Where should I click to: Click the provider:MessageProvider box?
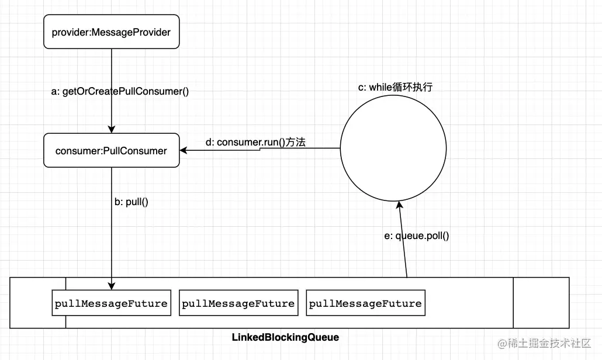point(111,32)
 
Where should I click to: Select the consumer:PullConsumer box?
point(111,151)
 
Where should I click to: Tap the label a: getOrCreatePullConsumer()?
point(120,91)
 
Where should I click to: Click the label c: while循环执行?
point(395,87)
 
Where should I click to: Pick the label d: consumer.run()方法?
point(255,143)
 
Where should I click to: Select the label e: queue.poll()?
point(423,236)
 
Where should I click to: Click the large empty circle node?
point(397,150)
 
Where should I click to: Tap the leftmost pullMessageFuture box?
point(111,304)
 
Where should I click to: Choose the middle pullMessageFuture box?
point(238,304)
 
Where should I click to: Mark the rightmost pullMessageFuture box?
point(365,304)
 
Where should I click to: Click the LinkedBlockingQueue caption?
point(285,338)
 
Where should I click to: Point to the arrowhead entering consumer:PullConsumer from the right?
point(184,151)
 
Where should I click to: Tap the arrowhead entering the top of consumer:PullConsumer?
point(111,130)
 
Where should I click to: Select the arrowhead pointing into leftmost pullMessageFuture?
point(111,285)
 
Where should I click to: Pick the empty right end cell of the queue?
point(541,303)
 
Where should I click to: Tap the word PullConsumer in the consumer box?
point(136,151)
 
